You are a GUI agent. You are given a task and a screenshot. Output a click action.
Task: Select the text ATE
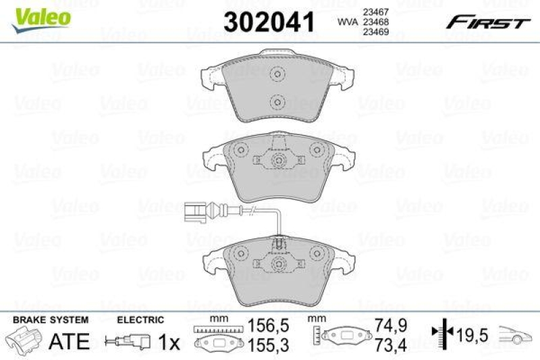pyautogui.click(x=70, y=340)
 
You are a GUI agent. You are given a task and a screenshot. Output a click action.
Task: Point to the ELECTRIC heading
pyautogui.click(x=140, y=319)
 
